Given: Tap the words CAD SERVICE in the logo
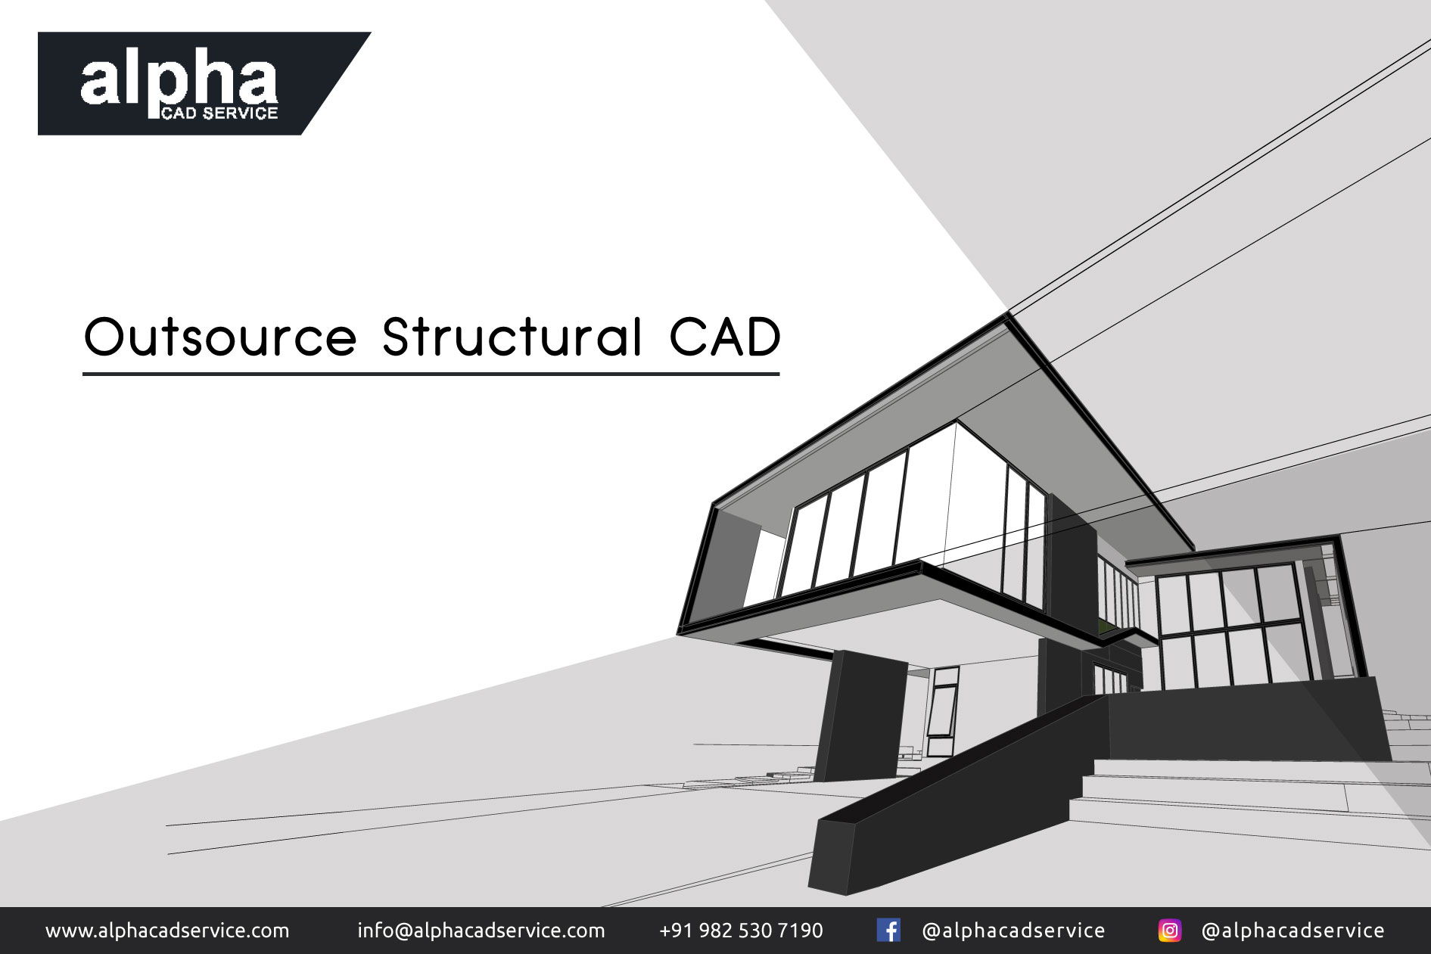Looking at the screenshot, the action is (219, 113).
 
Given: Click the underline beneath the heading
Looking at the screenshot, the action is (431, 373).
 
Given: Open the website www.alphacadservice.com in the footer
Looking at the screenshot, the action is (167, 931).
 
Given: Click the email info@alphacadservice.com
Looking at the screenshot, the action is (481, 931).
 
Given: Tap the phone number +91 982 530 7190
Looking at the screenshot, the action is (741, 931).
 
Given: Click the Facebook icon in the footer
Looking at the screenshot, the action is (888, 931).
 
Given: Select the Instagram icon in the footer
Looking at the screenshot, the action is (1169, 931).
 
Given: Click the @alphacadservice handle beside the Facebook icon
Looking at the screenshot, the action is (1013, 931).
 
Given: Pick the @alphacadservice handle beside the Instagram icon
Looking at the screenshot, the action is (1293, 931).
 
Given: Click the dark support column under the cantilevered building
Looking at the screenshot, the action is (861, 716).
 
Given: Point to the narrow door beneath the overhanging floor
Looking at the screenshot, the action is (943, 711).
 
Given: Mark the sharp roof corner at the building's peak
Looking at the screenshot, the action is (1008, 314).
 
